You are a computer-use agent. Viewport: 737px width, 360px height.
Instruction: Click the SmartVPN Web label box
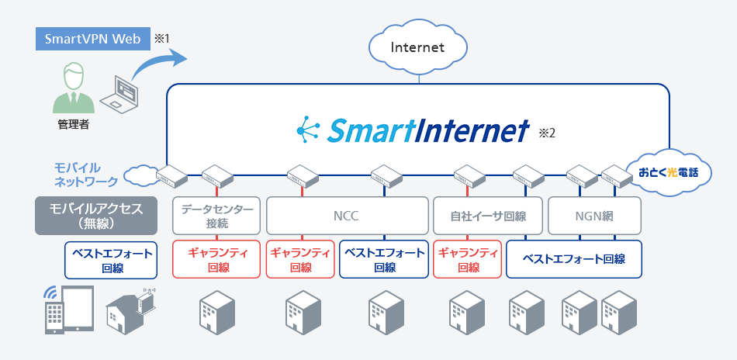tap(92, 39)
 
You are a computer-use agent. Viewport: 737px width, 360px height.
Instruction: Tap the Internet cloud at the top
tap(417, 48)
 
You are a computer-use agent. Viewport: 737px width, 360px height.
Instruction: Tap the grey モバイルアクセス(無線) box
tap(95, 216)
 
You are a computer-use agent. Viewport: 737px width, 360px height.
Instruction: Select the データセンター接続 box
tap(215, 216)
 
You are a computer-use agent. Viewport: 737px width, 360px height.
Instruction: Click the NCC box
tap(348, 216)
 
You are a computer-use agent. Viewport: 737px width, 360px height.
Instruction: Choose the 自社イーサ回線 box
tap(488, 216)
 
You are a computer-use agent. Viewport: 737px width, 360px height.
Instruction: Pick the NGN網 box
tap(596, 216)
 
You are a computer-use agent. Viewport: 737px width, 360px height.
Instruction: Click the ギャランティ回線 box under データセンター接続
tap(215, 259)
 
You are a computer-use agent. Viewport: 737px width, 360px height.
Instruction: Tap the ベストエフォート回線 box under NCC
tap(384, 259)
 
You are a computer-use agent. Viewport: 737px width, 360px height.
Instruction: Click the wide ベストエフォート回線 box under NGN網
tap(574, 259)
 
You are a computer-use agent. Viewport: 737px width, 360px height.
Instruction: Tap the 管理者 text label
tap(73, 124)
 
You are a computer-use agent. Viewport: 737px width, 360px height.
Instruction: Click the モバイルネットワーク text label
tap(85, 175)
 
